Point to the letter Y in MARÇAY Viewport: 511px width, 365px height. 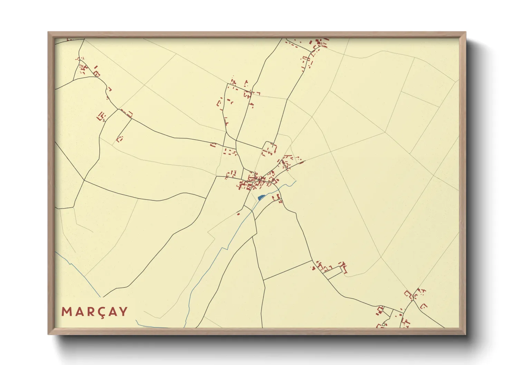123,312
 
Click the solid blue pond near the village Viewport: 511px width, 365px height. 261,197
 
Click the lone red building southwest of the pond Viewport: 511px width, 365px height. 238,214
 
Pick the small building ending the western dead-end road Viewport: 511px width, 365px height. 120,139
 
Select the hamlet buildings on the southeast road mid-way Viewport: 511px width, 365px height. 328,267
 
